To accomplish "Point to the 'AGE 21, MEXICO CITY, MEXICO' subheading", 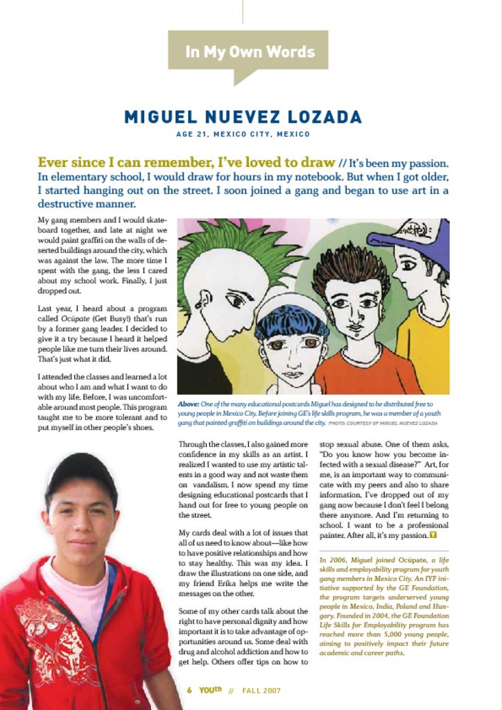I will point(243,134).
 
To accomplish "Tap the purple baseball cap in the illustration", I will point(416,236).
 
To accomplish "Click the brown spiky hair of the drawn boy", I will point(350,267).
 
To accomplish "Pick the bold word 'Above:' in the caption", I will point(188,404).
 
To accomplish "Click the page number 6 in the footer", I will point(189,691).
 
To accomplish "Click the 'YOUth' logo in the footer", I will point(210,690).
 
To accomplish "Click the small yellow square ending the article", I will point(433,535).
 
